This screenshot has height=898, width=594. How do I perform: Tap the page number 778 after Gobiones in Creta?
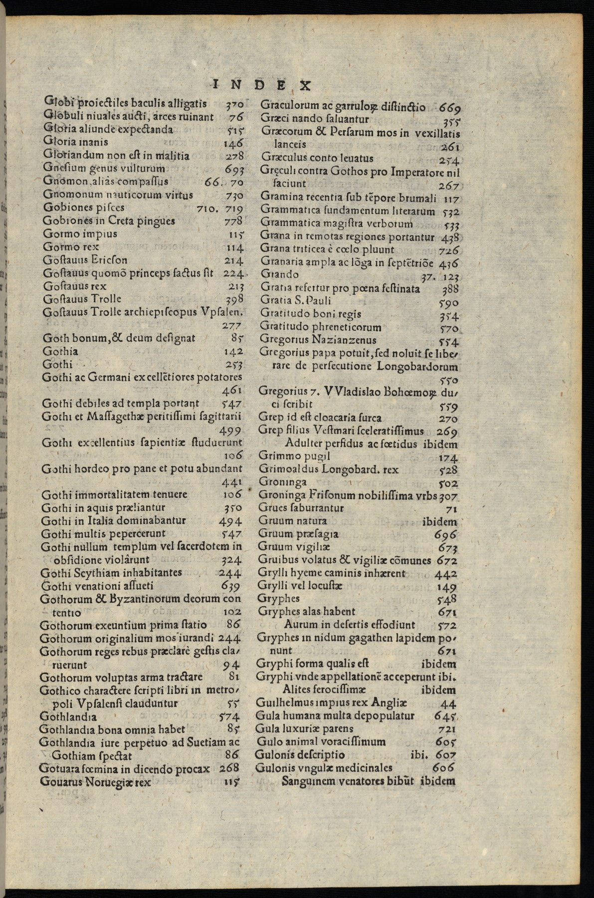(233, 221)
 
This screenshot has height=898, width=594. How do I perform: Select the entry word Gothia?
(60, 351)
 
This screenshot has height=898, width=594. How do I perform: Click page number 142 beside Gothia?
(232, 352)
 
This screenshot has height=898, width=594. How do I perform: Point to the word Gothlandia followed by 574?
(68, 717)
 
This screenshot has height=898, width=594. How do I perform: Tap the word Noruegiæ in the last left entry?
(109, 782)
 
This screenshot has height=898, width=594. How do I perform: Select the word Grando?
(280, 274)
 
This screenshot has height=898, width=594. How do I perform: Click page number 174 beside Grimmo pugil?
(448, 457)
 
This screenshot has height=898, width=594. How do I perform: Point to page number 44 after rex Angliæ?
(449, 704)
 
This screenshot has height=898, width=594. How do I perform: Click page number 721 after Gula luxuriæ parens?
(446, 729)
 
